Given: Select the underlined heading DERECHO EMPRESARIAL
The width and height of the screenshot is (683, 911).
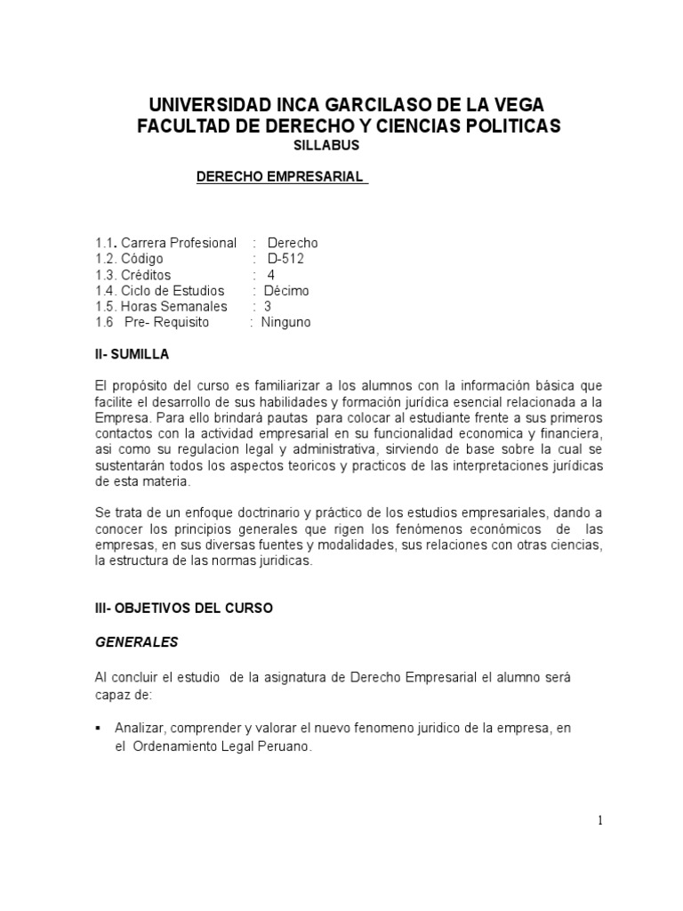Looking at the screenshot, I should click(279, 176).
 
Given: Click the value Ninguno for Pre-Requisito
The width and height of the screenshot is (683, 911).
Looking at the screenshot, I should click(285, 322).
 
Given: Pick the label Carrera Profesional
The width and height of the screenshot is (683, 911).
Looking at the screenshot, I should click(179, 242).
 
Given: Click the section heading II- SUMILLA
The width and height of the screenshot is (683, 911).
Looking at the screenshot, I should click(131, 354).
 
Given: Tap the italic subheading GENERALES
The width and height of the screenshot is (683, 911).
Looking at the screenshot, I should click(136, 641).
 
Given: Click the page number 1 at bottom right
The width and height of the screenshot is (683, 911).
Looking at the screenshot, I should click(601, 820).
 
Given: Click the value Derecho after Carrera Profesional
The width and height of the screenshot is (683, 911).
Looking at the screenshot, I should click(293, 242).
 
